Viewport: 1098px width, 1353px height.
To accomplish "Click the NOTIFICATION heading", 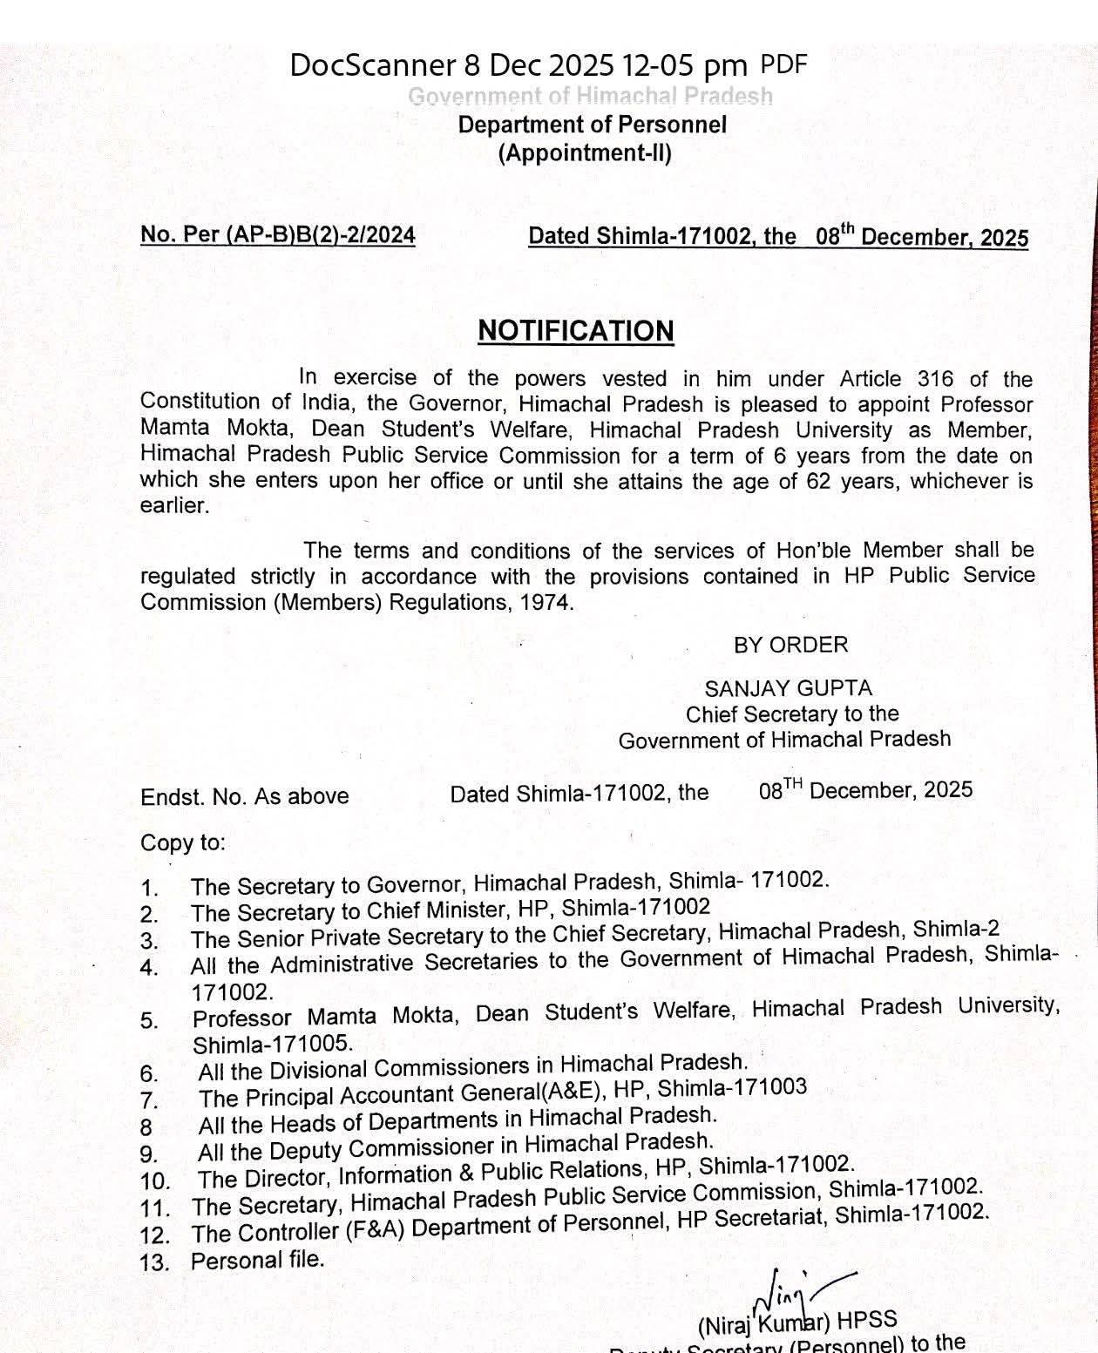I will pyautogui.click(x=575, y=331).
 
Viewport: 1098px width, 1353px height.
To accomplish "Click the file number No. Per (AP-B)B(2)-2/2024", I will pyautogui.click(x=277, y=235).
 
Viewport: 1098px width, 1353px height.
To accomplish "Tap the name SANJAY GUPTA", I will pyautogui.click(x=788, y=688).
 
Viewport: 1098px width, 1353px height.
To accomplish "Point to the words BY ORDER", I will pyautogui.click(x=790, y=645).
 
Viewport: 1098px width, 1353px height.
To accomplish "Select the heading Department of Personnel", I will pyautogui.click(x=592, y=125).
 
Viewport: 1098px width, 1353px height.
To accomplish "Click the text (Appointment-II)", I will pyautogui.click(x=585, y=153).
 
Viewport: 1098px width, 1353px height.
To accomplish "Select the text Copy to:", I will pyautogui.click(x=183, y=842).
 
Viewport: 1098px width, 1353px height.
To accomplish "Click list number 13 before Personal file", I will pyautogui.click(x=154, y=1262).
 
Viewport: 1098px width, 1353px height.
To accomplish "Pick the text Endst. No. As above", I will pyautogui.click(x=245, y=796).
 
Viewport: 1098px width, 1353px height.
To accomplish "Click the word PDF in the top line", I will pyautogui.click(x=783, y=64).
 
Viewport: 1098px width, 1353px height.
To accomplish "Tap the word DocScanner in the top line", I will pyautogui.click(x=372, y=65).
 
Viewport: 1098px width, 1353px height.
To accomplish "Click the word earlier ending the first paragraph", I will pyautogui.click(x=174, y=506).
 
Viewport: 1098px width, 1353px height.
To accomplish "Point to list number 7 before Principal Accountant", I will pyautogui.click(x=148, y=1099).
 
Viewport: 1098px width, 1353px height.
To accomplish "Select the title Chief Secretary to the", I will pyautogui.click(x=791, y=714).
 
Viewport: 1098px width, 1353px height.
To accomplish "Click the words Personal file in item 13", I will pyautogui.click(x=257, y=1260).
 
